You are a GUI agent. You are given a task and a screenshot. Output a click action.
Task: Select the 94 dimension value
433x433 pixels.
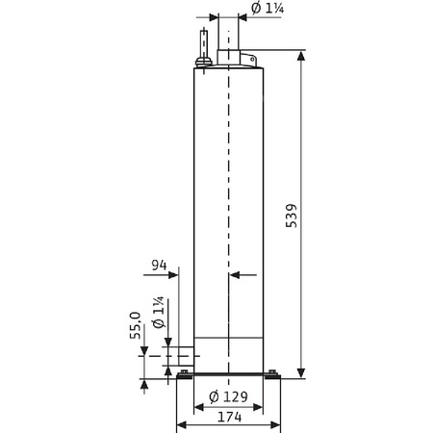[x=161, y=266]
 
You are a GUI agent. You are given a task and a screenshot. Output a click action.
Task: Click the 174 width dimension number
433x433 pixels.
[x=229, y=418]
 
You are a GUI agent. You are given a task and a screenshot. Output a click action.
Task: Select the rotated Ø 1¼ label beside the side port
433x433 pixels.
[x=158, y=319]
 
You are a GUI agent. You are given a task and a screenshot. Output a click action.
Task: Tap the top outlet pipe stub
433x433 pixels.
[x=229, y=38]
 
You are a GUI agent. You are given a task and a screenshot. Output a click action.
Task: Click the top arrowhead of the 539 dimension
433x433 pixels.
[x=303, y=59]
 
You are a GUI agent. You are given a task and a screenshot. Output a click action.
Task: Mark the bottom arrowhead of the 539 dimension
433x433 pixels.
[x=303, y=372]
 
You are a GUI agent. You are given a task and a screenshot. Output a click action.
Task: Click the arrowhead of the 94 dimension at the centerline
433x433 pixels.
[x=236, y=275]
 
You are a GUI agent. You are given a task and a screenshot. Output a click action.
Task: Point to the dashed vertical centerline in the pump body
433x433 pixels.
[x=229, y=192]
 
